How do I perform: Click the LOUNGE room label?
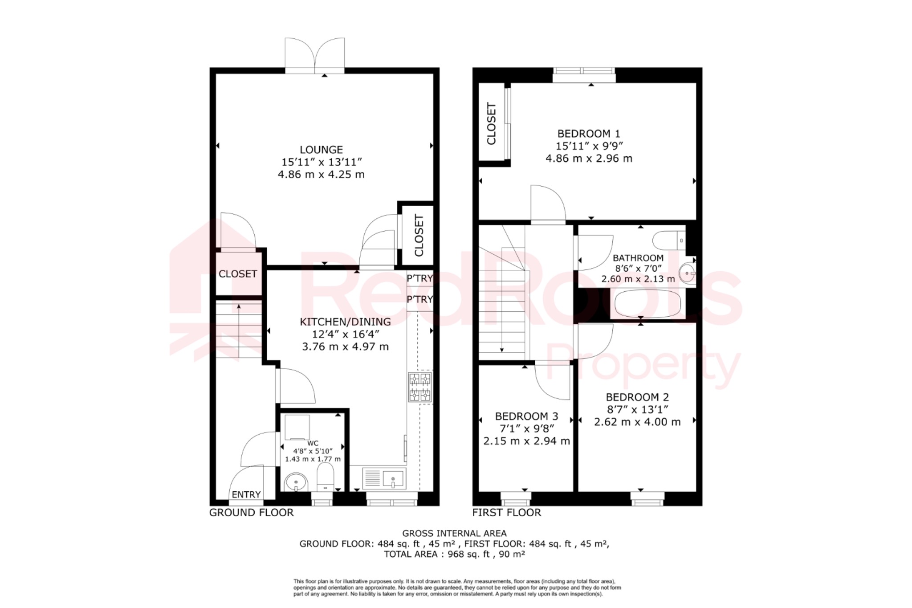click(321, 150)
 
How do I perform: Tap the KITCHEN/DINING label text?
click(345, 322)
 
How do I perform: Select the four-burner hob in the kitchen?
click(420, 387)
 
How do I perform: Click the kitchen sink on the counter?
click(384, 479)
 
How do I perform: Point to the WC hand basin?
click(296, 482)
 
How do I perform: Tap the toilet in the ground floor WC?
click(326, 477)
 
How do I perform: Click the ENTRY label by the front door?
click(246, 494)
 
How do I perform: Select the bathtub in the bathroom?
click(647, 304)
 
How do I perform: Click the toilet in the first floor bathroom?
click(668, 241)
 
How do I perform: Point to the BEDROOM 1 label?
click(589, 134)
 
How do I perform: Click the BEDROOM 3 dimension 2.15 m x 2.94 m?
click(526, 441)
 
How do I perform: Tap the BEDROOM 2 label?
click(637, 397)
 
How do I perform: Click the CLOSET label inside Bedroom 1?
click(491, 124)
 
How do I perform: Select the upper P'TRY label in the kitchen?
click(419, 278)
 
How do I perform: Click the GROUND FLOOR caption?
click(251, 513)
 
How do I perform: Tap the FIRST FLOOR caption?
click(506, 513)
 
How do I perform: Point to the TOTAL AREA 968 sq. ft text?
click(454, 554)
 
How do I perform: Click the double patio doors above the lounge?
click(315, 56)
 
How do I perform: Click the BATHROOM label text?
click(638, 258)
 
